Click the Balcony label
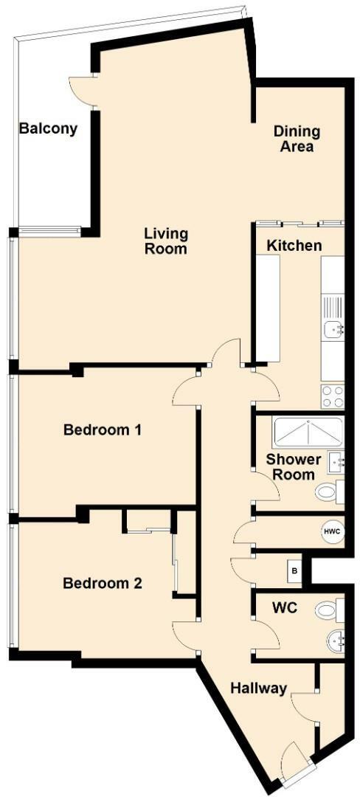click(x=48, y=128)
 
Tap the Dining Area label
click(x=297, y=139)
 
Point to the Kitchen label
click(x=294, y=246)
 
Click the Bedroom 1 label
click(x=103, y=429)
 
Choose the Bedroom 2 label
click(x=103, y=583)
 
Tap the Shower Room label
click(x=294, y=466)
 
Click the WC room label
click(x=285, y=609)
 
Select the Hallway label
click(x=258, y=688)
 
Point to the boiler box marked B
click(x=295, y=570)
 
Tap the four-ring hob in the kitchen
click(x=333, y=396)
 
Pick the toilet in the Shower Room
click(x=328, y=491)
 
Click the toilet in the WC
click(x=329, y=610)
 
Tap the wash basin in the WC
click(x=336, y=641)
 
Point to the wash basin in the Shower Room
click(x=337, y=463)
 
